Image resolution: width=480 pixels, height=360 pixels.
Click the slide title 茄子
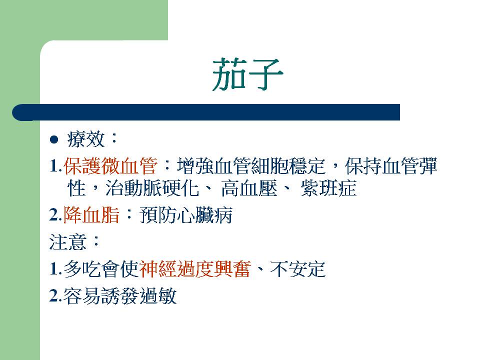(x=247, y=74)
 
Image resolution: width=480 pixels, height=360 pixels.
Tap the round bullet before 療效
(x=54, y=139)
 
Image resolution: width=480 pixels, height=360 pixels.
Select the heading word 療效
(x=86, y=139)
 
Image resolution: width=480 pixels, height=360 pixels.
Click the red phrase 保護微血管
(x=110, y=166)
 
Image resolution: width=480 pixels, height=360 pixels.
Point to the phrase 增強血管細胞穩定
(x=251, y=166)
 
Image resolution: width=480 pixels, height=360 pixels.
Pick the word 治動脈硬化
(x=152, y=188)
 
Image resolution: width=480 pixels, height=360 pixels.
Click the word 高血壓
(x=249, y=188)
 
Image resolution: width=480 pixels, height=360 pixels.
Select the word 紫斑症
(x=329, y=188)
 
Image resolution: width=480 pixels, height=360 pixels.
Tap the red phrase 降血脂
(x=91, y=215)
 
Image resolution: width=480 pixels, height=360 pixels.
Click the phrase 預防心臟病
(x=186, y=215)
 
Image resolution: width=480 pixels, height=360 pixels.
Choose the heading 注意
(x=67, y=242)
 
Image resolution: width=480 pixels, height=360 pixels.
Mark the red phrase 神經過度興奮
(x=195, y=269)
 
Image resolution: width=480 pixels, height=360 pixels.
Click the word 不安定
(x=297, y=269)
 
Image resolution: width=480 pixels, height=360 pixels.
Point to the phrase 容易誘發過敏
(x=120, y=296)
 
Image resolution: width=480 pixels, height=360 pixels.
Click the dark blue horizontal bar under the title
(x=206, y=112)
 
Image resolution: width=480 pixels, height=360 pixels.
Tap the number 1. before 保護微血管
(x=55, y=166)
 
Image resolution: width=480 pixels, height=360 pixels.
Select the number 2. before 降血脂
(x=55, y=215)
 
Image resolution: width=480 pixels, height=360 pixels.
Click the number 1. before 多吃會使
(x=55, y=269)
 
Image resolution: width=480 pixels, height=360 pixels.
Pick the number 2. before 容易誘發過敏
(x=55, y=296)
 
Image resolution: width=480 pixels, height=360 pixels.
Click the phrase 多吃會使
(x=101, y=269)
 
